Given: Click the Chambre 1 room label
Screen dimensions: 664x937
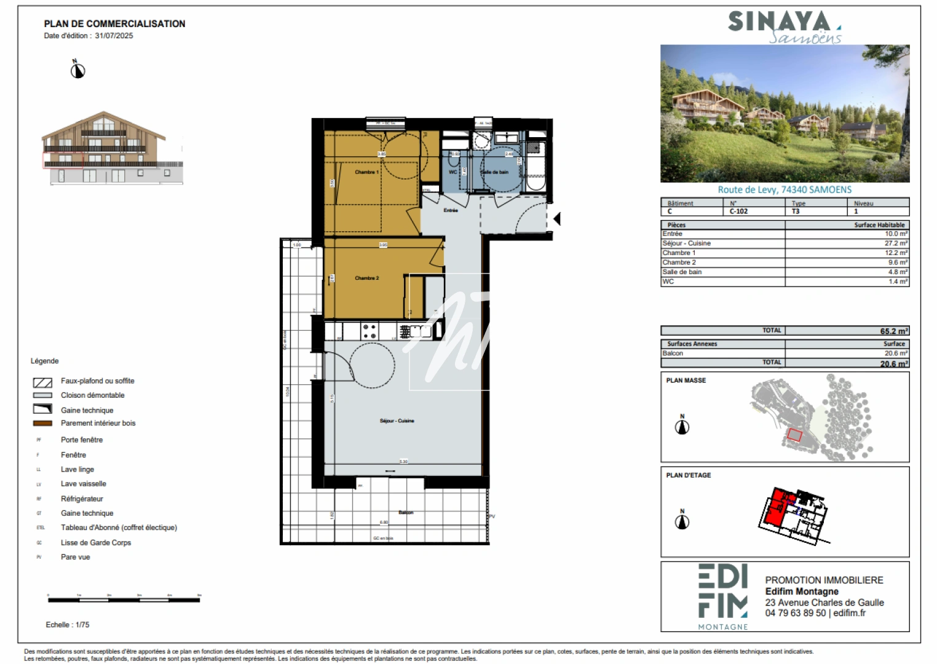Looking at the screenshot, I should point(366,172).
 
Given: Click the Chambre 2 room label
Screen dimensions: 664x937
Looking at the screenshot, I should point(366,278).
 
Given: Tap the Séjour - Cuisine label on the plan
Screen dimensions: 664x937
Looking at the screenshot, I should point(397,421).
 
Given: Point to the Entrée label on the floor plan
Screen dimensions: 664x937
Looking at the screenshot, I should point(451,210).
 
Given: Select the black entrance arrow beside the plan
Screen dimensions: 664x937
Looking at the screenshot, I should point(557,218).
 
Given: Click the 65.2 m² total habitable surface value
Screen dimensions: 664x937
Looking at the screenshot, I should point(893,331).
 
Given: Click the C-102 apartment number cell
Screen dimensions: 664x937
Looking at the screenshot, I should point(738,211).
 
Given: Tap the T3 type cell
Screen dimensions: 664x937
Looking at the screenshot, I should point(796,211).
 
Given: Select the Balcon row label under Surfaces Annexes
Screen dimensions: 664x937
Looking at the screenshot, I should point(673,354).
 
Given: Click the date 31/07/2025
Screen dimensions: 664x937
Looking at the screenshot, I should point(114,36).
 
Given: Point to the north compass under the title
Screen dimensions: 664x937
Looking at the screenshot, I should point(77,71).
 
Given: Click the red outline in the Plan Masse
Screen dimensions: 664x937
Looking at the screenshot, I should point(794,435).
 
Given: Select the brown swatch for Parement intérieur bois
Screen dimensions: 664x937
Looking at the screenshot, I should point(42,423).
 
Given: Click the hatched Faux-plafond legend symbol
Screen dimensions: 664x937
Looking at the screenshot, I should point(42,382).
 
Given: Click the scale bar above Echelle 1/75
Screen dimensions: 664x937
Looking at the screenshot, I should point(124,599).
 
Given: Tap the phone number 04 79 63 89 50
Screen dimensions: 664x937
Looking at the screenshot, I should point(795,613).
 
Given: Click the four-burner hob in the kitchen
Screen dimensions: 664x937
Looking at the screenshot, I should point(370,332).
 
